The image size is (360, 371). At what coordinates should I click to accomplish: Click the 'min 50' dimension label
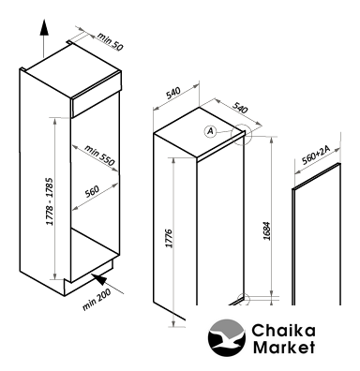click(110, 40)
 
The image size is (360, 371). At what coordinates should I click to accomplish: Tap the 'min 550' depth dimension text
click(99, 156)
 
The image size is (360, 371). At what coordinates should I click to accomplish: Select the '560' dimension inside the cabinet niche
click(92, 191)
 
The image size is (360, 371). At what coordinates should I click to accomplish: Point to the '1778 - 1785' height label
click(50, 201)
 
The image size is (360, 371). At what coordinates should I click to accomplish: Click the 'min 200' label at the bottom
click(97, 300)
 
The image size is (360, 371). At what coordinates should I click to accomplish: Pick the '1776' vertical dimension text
click(169, 239)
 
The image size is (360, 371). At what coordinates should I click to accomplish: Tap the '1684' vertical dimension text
click(266, 230)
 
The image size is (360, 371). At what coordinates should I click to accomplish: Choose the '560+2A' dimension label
click(316, 155)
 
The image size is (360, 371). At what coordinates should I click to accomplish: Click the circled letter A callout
click(211, 131)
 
